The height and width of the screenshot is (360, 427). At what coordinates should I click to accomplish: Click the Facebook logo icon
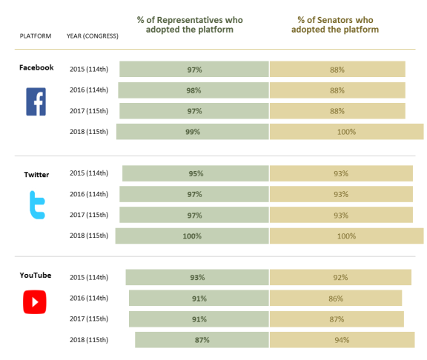point(36,101)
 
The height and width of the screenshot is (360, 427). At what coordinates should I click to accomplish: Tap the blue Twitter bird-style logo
point(37,205)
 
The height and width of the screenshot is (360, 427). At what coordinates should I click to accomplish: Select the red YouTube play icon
point(35,302)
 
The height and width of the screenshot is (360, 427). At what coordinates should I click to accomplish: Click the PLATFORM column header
point(36,36)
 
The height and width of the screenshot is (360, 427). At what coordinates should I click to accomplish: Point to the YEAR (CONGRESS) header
point(93,36)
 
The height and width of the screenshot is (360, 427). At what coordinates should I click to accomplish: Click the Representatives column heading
point(190,24)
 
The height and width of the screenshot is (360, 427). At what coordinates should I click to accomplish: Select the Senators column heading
point(335,24)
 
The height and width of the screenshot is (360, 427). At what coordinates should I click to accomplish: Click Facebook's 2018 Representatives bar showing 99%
point(193,132)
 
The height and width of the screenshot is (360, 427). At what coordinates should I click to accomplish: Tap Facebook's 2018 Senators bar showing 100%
point(347,132)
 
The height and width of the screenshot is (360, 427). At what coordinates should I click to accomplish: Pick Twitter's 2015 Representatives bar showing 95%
point(196,173)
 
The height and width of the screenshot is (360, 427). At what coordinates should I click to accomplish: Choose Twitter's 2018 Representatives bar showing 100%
point(192,236)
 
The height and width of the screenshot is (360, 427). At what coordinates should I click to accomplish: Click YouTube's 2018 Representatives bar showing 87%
point(202,340)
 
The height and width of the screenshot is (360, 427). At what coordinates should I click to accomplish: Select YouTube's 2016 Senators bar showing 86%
point(336,299)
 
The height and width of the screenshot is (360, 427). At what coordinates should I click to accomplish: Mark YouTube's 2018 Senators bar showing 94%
point(342,340)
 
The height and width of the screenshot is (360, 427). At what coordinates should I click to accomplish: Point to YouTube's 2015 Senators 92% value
point(341,278)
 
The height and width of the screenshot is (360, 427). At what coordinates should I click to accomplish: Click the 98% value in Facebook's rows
point(193,90)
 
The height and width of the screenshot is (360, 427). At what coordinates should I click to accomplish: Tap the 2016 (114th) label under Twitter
point(89,194)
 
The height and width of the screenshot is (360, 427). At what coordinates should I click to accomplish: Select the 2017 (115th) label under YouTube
point(89,319)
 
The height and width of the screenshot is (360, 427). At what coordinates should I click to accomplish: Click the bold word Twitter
point(36,175)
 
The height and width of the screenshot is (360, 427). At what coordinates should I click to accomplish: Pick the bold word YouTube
point(36,276)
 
